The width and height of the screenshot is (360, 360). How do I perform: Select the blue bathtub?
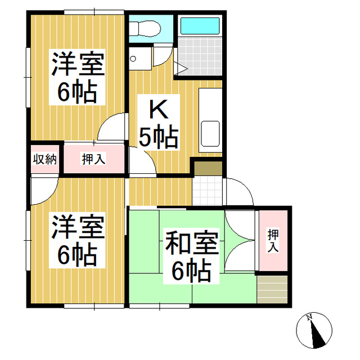coord(200,26)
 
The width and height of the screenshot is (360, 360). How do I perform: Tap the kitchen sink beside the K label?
coord(210,134)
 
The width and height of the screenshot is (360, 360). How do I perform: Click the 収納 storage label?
coord(44,159)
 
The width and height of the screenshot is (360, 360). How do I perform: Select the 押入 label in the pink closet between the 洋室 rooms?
coord(94,159)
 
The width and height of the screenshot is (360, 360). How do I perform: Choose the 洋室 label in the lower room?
coord(78,228)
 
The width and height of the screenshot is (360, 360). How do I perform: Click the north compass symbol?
coord(315,331)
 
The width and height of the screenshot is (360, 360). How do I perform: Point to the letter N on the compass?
coord(309,318)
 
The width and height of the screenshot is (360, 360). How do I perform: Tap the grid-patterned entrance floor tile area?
coord(208,192)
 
